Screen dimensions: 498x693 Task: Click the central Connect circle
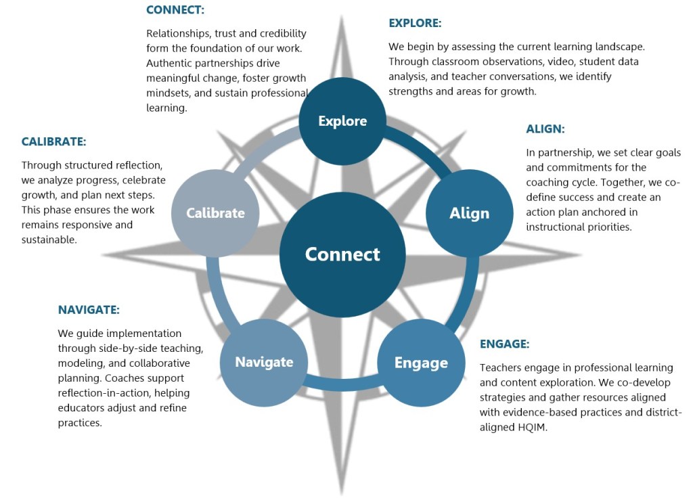pos(342,254)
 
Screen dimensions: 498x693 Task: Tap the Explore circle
pos(342,121)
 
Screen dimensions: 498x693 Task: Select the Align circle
pos(469,213)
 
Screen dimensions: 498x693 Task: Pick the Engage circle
pos(421,363)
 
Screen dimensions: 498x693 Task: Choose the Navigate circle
pos(264,362)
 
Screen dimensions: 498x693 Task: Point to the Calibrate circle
pos(215,213)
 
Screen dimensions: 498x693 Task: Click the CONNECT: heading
pos(175,10)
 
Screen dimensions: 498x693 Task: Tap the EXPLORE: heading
pos(414,23)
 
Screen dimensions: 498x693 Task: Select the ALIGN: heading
pos(545,129)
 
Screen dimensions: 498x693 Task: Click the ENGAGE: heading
pos(504,344)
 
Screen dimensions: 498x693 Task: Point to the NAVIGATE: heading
pos(89,310)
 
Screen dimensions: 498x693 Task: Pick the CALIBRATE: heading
pos(53,142)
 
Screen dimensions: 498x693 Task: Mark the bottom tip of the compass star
pos(342,493)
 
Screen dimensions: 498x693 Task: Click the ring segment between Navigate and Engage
pos(342,387)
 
